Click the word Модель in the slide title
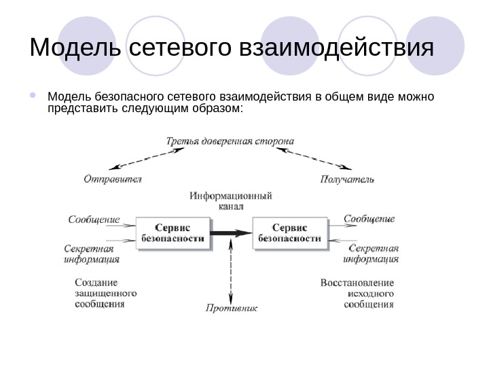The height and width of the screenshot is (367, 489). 75,49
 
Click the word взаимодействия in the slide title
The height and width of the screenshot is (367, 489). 337,49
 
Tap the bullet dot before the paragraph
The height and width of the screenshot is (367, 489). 34,95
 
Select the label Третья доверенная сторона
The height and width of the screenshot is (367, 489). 230,141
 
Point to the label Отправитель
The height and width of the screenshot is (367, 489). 113,180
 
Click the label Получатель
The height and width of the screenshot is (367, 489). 346,180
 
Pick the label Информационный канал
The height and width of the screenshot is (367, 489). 231,200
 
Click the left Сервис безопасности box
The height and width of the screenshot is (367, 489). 173,233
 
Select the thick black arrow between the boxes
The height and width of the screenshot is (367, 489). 231,233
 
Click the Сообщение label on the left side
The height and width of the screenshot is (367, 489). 94,220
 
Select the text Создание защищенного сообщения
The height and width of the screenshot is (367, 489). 105,293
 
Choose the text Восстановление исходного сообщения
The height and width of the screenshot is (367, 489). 357,293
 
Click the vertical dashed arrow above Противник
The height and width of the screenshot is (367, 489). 232,275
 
